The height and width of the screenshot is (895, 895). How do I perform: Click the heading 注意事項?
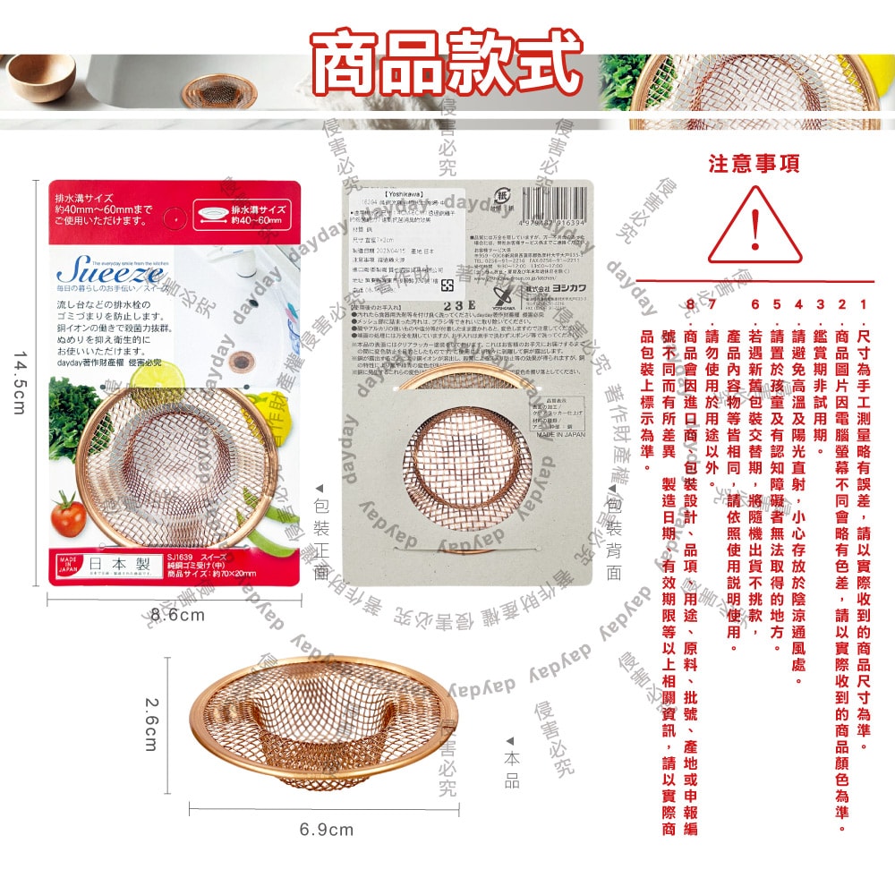754,165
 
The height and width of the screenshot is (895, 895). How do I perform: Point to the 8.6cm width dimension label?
177,616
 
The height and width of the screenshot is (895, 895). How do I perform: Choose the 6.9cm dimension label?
327,830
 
